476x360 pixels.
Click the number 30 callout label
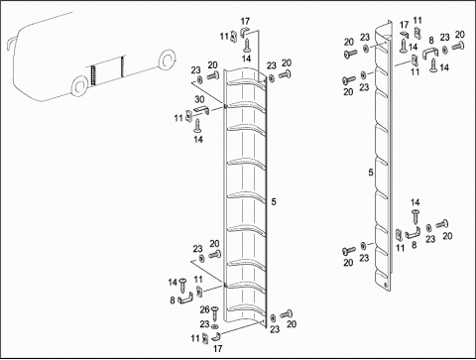pos(199,99)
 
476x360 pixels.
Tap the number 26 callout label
pos(204,309)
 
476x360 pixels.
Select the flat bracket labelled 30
pos(201,111)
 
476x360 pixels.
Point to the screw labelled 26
pos(215,313)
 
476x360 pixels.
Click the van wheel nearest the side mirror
pos(79,86)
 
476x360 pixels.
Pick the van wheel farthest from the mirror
pos(167,60)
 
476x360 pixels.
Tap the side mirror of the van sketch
pos(10,44)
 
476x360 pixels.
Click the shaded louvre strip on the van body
pos(93,75)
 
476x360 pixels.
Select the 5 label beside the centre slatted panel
pos(274,201)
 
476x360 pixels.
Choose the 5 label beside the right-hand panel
pos(371,173)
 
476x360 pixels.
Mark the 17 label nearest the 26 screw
pos(217,348)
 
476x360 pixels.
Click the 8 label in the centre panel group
pos(173,300)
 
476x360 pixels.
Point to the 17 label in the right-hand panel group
pos(404,25)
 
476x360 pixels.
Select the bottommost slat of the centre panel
pos(245,310)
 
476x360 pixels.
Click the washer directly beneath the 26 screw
pos(215,326)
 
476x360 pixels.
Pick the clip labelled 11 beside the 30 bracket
pos(188,116)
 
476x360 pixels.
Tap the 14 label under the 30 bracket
pos(198,139)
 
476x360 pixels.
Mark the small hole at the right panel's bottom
pos(385,285)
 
